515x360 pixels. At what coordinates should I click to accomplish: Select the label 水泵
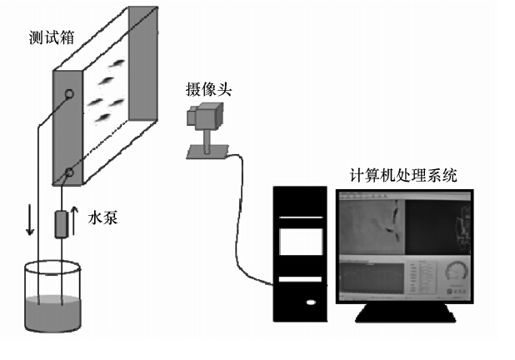[103, 219]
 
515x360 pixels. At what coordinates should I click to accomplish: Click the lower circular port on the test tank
[68, 173]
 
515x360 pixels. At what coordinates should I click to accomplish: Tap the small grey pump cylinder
[62, 223]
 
